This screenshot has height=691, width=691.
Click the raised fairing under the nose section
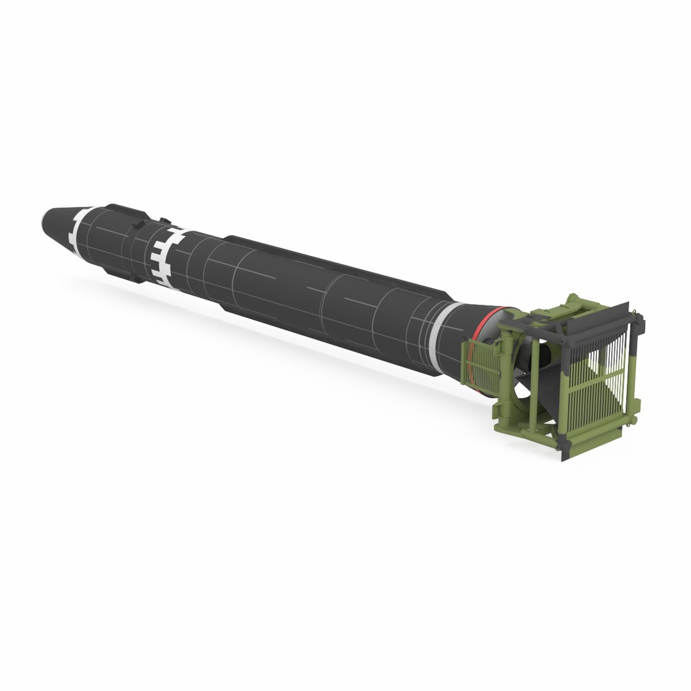(122, 272)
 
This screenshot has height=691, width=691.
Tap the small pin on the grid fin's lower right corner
(636, 419)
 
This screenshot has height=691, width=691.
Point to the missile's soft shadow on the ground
(256, 333)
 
